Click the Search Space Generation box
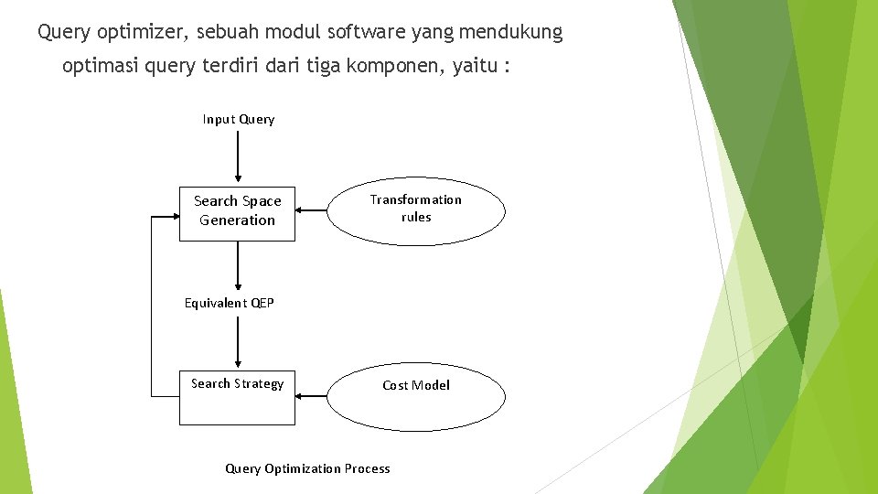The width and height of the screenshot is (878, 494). point(237,211)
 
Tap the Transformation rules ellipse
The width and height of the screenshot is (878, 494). point(416,210)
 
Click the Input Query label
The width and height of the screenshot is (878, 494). point(239,119)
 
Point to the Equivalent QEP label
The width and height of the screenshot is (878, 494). point(230,303)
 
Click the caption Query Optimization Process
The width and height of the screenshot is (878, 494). point(307,468)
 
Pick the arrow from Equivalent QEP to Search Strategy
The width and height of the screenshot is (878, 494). point(238,339)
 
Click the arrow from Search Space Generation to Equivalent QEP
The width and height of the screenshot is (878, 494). point(238,264)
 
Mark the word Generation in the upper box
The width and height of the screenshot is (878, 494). point(237,220)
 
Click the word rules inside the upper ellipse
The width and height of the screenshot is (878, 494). point(416,217)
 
